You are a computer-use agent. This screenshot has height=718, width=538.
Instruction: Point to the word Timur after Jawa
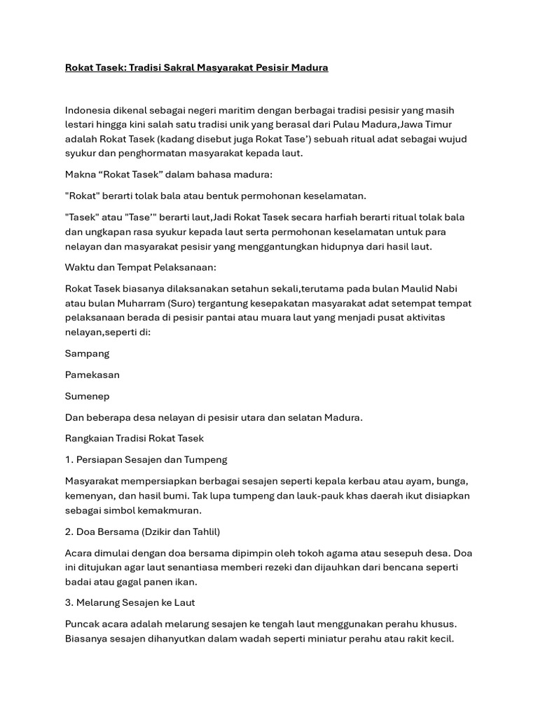437,125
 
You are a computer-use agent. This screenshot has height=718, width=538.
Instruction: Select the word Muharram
134,303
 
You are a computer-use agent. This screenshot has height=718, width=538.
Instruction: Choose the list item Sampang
87,353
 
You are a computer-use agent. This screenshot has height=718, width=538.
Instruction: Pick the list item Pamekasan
92,374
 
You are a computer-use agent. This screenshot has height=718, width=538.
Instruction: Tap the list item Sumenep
88,396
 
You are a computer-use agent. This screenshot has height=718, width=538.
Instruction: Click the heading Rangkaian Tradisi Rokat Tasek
134,438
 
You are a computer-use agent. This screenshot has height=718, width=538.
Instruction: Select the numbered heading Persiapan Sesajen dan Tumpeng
151,460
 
